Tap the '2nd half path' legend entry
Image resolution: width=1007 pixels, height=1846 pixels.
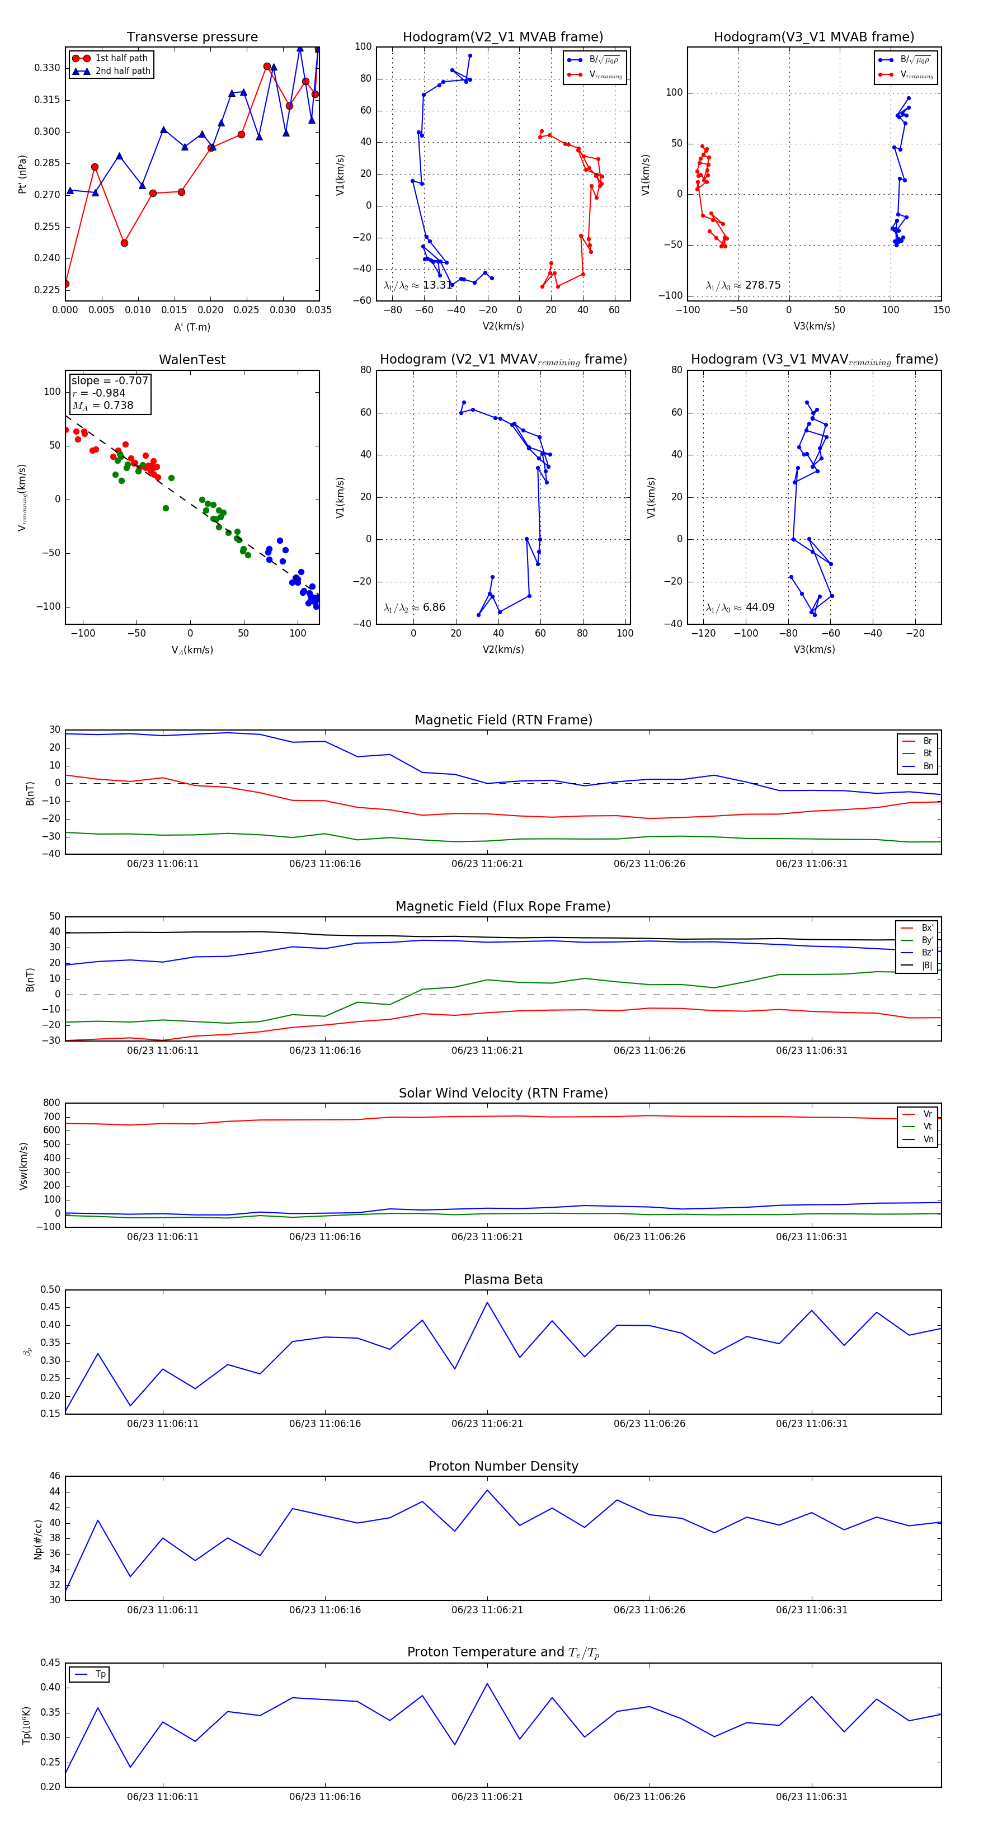(123, 71)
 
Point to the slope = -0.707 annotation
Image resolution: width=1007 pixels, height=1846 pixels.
(110, 380)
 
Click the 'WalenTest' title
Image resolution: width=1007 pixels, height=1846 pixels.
(192, 360)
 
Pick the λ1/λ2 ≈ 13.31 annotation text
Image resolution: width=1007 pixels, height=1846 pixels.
(418, 285)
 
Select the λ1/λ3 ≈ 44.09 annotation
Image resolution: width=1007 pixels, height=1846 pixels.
(740, 608)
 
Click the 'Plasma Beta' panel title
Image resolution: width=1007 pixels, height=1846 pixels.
(503, 1280)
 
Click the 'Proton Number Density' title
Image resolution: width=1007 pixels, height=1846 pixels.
(503, 1466)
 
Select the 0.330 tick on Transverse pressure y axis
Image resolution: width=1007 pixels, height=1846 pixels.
(48, 68)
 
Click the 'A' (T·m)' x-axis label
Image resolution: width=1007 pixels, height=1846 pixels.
(192, 327)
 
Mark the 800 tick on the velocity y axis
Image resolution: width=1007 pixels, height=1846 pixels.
(51, 1103)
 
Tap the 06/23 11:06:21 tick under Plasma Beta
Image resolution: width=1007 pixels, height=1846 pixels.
(487, 1424)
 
